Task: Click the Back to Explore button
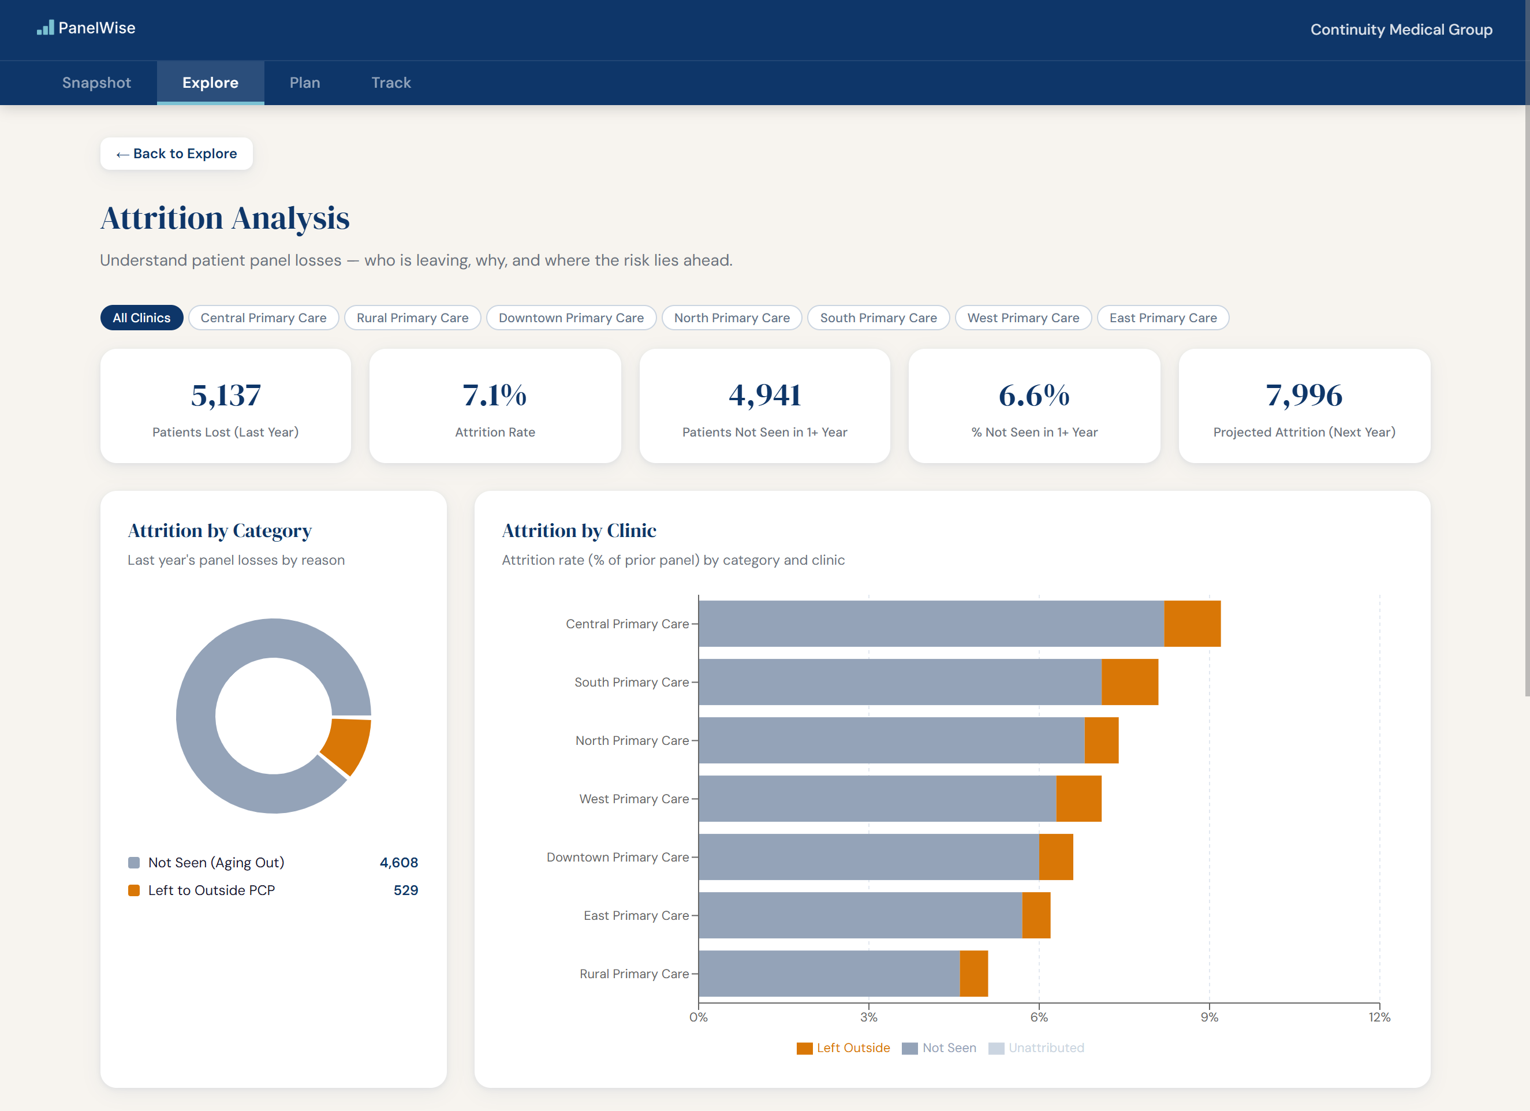176,154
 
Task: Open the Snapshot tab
96,83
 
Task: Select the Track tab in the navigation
391,83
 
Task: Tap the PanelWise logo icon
45,28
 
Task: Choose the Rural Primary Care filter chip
412,318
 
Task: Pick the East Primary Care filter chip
1162,318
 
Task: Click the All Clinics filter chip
141,318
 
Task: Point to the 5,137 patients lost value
225,396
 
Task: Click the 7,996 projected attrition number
1303,396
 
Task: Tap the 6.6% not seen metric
1033,396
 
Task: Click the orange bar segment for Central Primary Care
1192,623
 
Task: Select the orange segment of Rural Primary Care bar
973,974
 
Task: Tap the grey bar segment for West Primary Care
877,799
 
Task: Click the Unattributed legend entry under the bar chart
1036,1047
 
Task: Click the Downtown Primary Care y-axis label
617,857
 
